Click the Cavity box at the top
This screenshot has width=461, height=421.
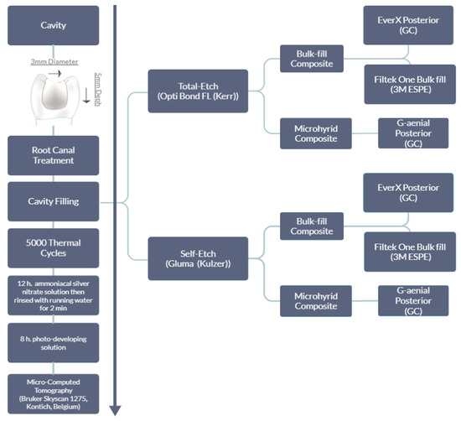pyautogui.click(x=54, y=25)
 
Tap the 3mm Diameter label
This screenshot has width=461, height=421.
pyautogui.click(x=54, y=62)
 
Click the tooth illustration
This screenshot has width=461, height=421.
pyautogui.click(x=54, y=99)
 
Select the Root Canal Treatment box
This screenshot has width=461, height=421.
pyautogui.click(x=54, y=154)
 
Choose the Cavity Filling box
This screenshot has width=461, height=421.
pyautogui.click(x=54, y=200)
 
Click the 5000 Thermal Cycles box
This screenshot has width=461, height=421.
pyautogui.click(x=54, y=247)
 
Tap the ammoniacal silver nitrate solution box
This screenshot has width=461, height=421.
pyautogui.click(x=54, y=293)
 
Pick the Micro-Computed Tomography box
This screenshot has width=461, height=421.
pyautogui.click(x=54, y=392)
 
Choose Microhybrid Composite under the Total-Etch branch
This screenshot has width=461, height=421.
pyautogui.click(x=310, y=133)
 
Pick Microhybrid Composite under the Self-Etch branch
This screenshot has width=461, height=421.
pyautogui.click(x=310, y=299)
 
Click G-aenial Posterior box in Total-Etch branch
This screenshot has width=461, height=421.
pyautogui.click(x=414, y=133)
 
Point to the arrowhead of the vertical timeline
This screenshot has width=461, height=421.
pyautogui.click(x=115, y=410)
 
